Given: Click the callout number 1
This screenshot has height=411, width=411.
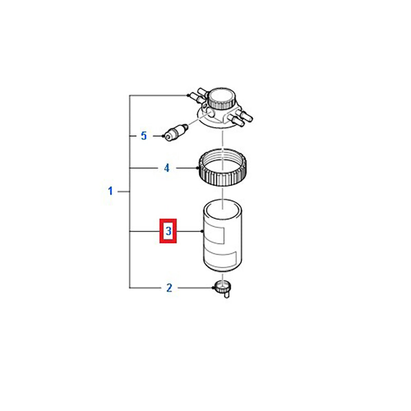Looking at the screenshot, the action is pos(110,191).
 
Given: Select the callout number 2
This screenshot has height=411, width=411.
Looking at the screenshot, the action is pos(170,288).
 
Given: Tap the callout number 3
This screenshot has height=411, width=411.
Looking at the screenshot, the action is pos(169,231).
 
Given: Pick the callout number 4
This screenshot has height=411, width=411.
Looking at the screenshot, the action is pos(166,168).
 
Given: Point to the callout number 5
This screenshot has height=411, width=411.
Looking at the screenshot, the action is pos(144,136).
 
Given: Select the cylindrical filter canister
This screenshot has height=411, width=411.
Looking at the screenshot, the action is pos(222,236).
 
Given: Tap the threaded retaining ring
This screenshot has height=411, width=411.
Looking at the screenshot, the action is pos(222,167).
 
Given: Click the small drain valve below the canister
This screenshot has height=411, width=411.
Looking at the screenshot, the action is pos(223,289).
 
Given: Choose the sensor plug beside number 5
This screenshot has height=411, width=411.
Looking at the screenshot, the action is pos(175,133).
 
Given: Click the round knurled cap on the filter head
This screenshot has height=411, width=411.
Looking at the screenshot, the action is pos(221,99).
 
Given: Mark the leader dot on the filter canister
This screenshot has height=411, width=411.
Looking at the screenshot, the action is pos(201,231).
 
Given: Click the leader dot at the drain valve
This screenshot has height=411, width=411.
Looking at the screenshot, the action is pos(213,288).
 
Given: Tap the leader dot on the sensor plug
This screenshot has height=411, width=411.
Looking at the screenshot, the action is pos(163,136).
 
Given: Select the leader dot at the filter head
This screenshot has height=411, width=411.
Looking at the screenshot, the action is pos(188,95).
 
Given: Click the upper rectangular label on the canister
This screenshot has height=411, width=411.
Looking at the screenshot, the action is pos(214,232).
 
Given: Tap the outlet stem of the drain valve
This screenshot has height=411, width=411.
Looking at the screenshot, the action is pos(227,294).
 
